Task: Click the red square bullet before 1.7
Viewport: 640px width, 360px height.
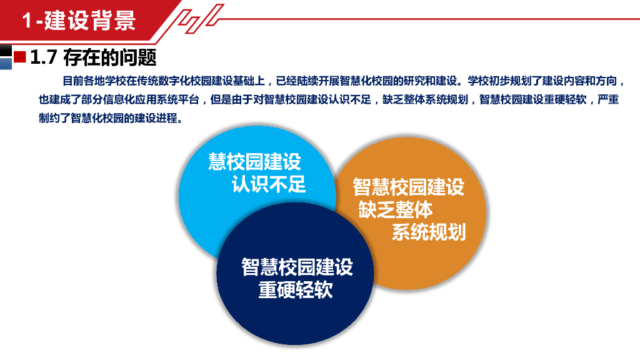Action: coord(19,57)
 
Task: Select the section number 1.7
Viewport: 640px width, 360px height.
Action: coord(44,58)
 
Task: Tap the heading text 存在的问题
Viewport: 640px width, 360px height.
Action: coord(109,58)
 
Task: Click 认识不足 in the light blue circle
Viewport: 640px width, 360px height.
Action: coord(269,184)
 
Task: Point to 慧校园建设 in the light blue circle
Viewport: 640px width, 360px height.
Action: coord(255,162)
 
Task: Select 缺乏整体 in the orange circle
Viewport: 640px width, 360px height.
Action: coord(395,209)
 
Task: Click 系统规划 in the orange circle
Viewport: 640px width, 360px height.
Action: coord(429,232)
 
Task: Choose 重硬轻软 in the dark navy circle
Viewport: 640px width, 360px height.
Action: coord(295,290)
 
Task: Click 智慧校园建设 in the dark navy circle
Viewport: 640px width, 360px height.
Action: coord(297,267)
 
